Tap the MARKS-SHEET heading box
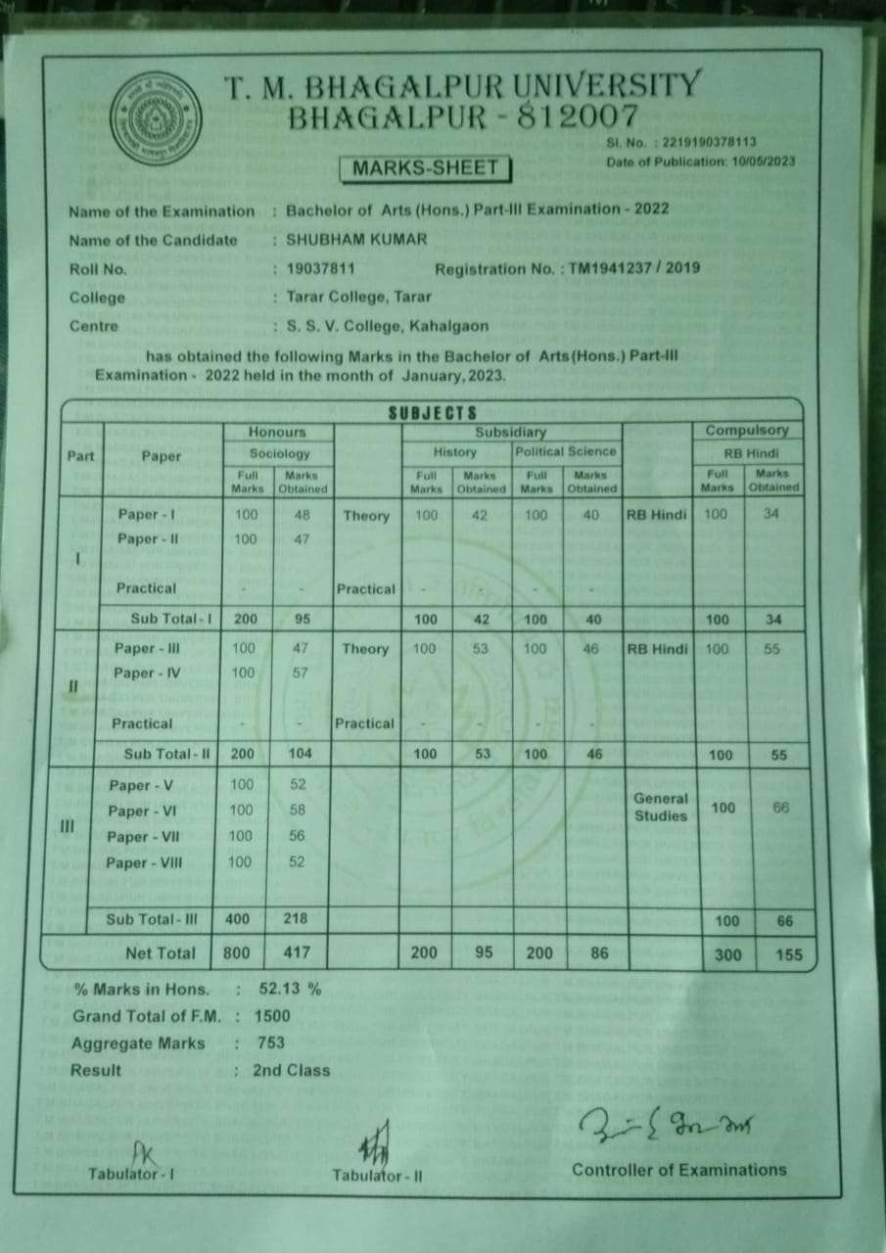(425, 168)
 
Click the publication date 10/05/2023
(763, 162)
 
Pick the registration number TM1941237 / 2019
(634, 268)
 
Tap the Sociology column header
(279, 453)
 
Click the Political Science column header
(566, 451)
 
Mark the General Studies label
(661, 808)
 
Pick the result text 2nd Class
(292, 1071)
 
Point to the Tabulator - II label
(377, 1177)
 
